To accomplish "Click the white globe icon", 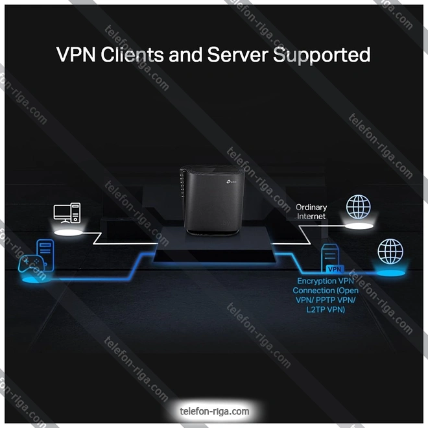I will tap(359, 207).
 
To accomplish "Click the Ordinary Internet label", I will tap(311, 212).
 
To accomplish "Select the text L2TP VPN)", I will tap(326, 310).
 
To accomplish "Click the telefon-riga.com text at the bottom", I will tap(214, 411).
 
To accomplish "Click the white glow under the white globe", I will tap(359, 225).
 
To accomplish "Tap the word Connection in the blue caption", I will tap(315, 291).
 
